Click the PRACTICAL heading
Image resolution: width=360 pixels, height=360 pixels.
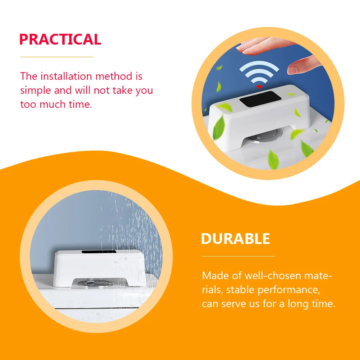pos(60,39)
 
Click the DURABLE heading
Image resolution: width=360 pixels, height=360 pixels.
pos(235,239)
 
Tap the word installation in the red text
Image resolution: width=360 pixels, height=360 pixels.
pos(61,77)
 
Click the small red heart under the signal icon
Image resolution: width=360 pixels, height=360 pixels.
pos(259,87)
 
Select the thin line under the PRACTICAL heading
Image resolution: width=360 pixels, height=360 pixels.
pos(57,57)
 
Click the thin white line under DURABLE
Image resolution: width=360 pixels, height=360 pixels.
pos(239,256)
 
